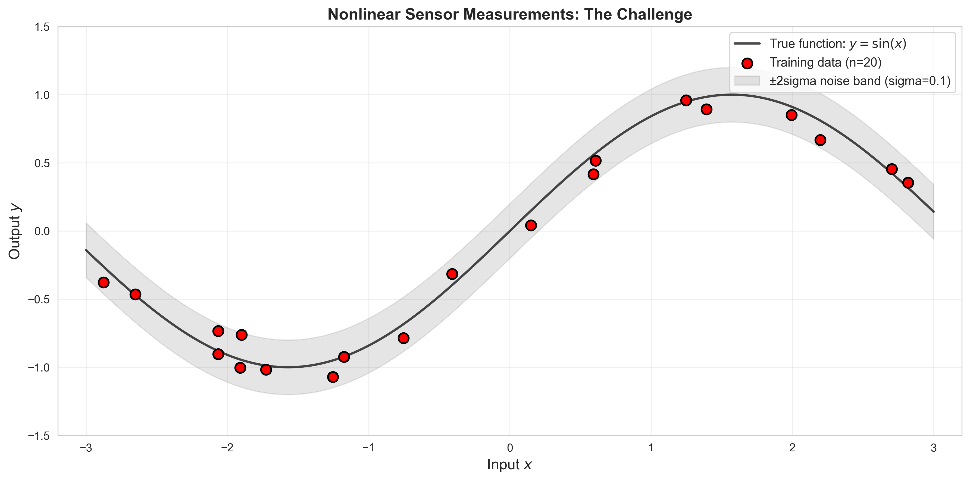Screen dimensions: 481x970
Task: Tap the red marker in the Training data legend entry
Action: click(747, 63)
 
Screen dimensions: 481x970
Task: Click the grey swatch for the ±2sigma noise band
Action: click(747, 81)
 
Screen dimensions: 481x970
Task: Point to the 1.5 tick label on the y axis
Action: click(42, 27)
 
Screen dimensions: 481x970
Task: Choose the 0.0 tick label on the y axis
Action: click(42, 231)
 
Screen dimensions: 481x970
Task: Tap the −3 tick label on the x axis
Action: click(86, 448)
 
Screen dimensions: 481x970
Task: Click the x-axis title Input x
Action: click(509, 465)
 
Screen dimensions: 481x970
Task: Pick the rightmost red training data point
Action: click(908, 183)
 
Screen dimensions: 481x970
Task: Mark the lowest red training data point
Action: click(333, 377)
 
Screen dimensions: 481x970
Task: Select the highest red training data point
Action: click(686, 100)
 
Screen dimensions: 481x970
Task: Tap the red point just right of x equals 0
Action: click(531, 225)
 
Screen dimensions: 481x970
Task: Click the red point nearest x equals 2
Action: click(791, 115)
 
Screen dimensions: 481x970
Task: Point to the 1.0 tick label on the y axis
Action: click(42, 95)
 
